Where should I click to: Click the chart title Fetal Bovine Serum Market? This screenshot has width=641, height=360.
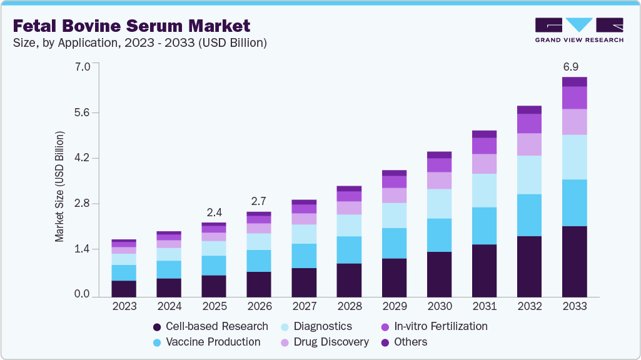click(x=132, y=26)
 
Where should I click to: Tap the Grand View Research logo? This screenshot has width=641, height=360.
click(x=578, y=29)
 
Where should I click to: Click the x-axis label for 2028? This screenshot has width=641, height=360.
click(x=349, y=306)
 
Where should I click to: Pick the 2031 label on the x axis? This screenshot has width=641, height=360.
click(x=484, y=306)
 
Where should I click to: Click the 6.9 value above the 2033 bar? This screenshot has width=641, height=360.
click(x=573, y=66)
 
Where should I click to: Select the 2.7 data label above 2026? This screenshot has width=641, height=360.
click(x=259, y=201)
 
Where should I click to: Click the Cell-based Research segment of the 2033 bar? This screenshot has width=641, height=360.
click(x=574, y=261)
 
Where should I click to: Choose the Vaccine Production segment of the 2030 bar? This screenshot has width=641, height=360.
click(x=439, y=235)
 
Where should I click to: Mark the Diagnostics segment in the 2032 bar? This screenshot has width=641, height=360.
click(x=529, y=174)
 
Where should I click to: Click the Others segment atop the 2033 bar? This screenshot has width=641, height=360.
click(x=574, y=82)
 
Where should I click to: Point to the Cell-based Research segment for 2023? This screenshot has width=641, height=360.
click(x=124, y=288)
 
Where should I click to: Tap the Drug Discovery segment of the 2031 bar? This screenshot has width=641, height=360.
click(x=484, y=164)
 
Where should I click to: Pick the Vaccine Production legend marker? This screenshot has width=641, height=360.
click(x=157, y=342)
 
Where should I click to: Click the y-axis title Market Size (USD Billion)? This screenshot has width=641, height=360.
click(x=60, y=186)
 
